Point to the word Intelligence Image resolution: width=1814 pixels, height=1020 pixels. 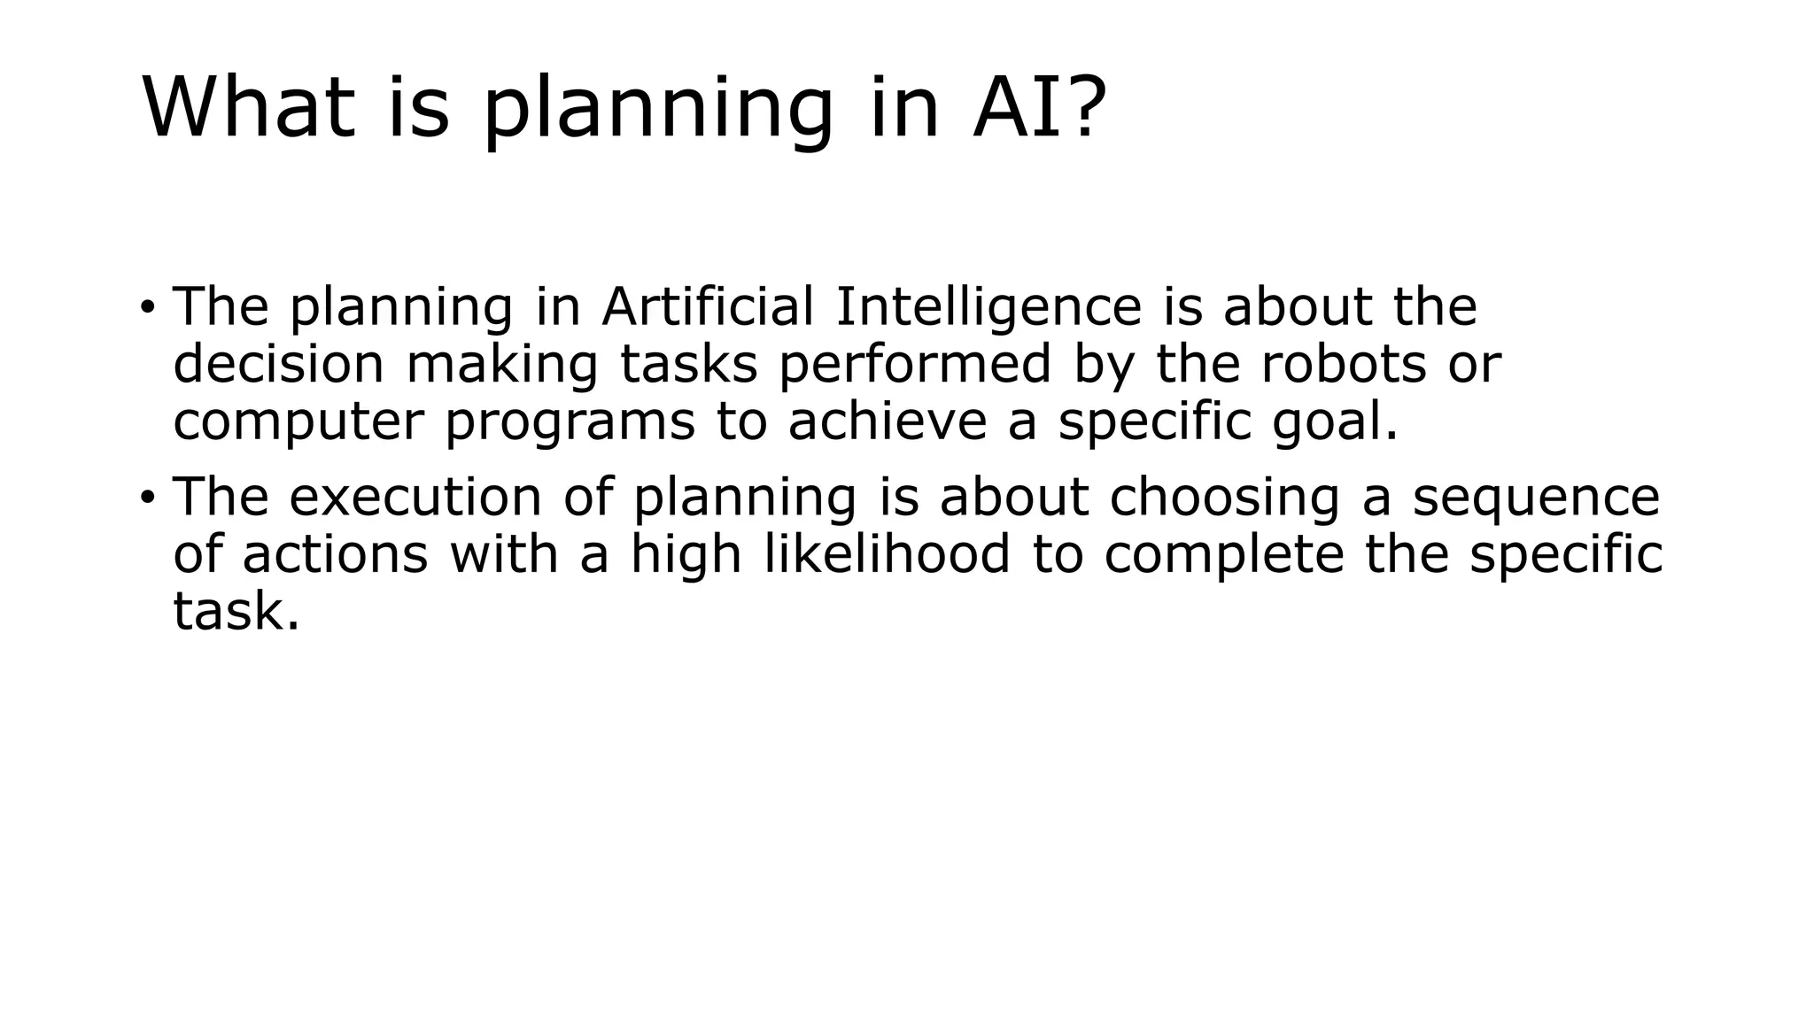(x=988, y=308)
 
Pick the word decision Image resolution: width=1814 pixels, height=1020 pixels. (x=278, y=364)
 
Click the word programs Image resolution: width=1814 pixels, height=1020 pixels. (x=570, y=423)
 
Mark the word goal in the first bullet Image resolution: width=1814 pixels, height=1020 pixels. (x=1334, y=423)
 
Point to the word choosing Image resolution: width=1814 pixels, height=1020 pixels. (x=1224, y=498)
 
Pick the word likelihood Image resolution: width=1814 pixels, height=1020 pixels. (x=887, y=554)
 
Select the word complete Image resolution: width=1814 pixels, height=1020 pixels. (x=1224, y=556)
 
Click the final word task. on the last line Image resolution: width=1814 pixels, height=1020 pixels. (x=236, y=612)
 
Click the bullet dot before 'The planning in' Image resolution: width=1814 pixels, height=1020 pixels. (x=147, y=308)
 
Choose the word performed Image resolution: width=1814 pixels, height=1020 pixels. (x=915, y=364)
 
